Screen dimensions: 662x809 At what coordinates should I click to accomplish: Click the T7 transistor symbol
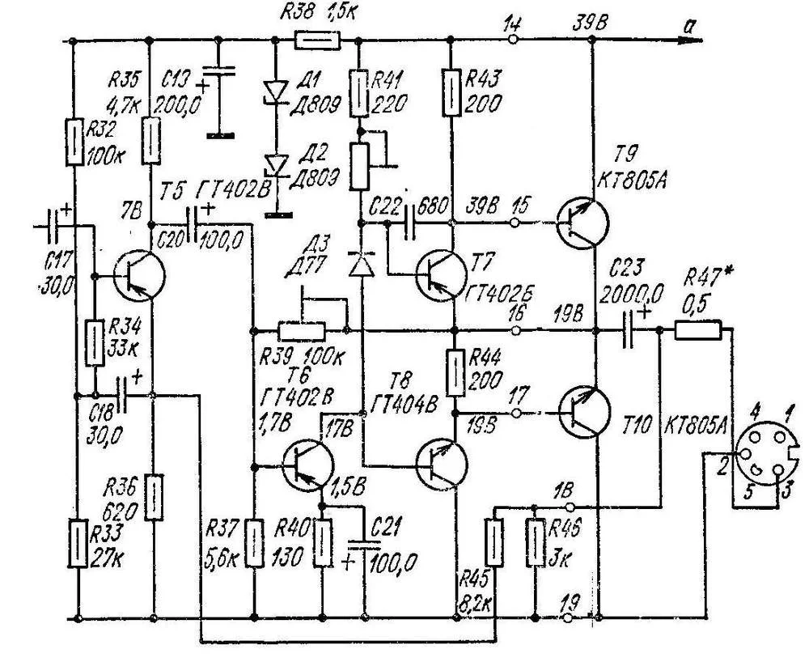click(x=440, y=274)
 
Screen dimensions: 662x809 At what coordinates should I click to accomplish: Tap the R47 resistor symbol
click(x=697, y=330)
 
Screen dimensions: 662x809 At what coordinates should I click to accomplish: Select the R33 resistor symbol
click(x=77, y=544)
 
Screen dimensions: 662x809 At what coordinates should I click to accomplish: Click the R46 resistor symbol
click(x=535, y=542)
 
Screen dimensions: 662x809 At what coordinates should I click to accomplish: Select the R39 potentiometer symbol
click(x=302, y=330)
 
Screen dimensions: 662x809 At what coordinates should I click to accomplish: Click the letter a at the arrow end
click(x=688, y=27)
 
